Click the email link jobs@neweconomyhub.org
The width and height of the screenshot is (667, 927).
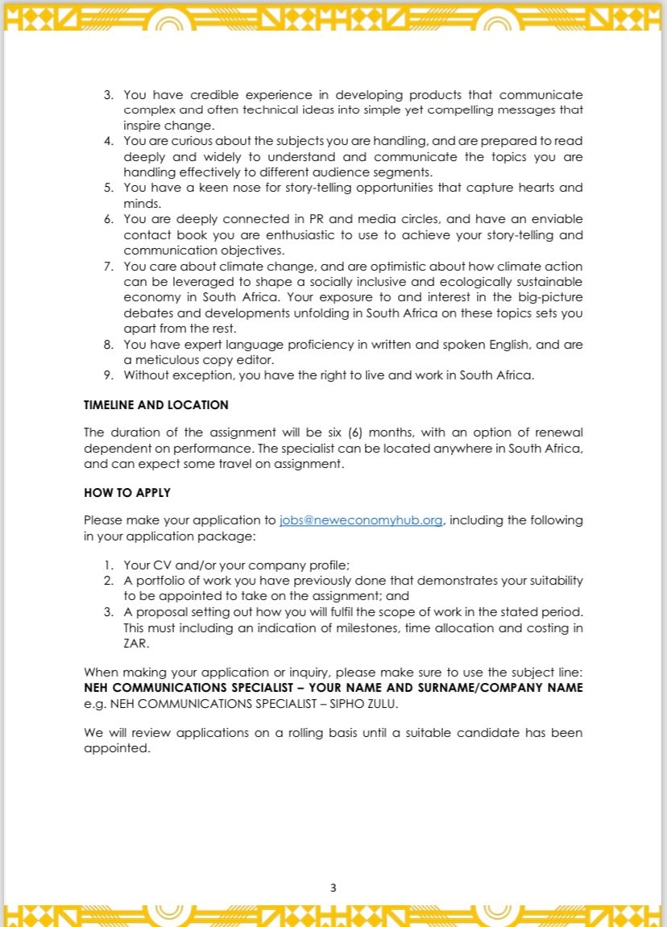[x=361, y=520]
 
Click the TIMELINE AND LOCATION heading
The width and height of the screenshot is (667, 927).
[x=156, y=405]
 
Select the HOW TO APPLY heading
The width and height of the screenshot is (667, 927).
[x=127, y=492]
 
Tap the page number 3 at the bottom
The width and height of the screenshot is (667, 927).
[x=333, y=888]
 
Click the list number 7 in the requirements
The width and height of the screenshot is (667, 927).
[x=109, y=267]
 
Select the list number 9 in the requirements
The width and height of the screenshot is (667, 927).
[x=109, y=375]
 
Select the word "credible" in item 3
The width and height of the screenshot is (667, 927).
[x=214, y=95]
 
